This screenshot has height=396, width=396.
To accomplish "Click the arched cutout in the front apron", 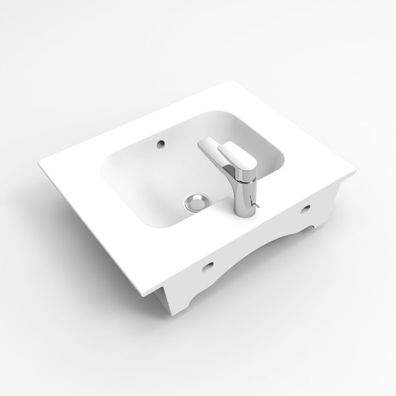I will [x=266, y=249].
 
